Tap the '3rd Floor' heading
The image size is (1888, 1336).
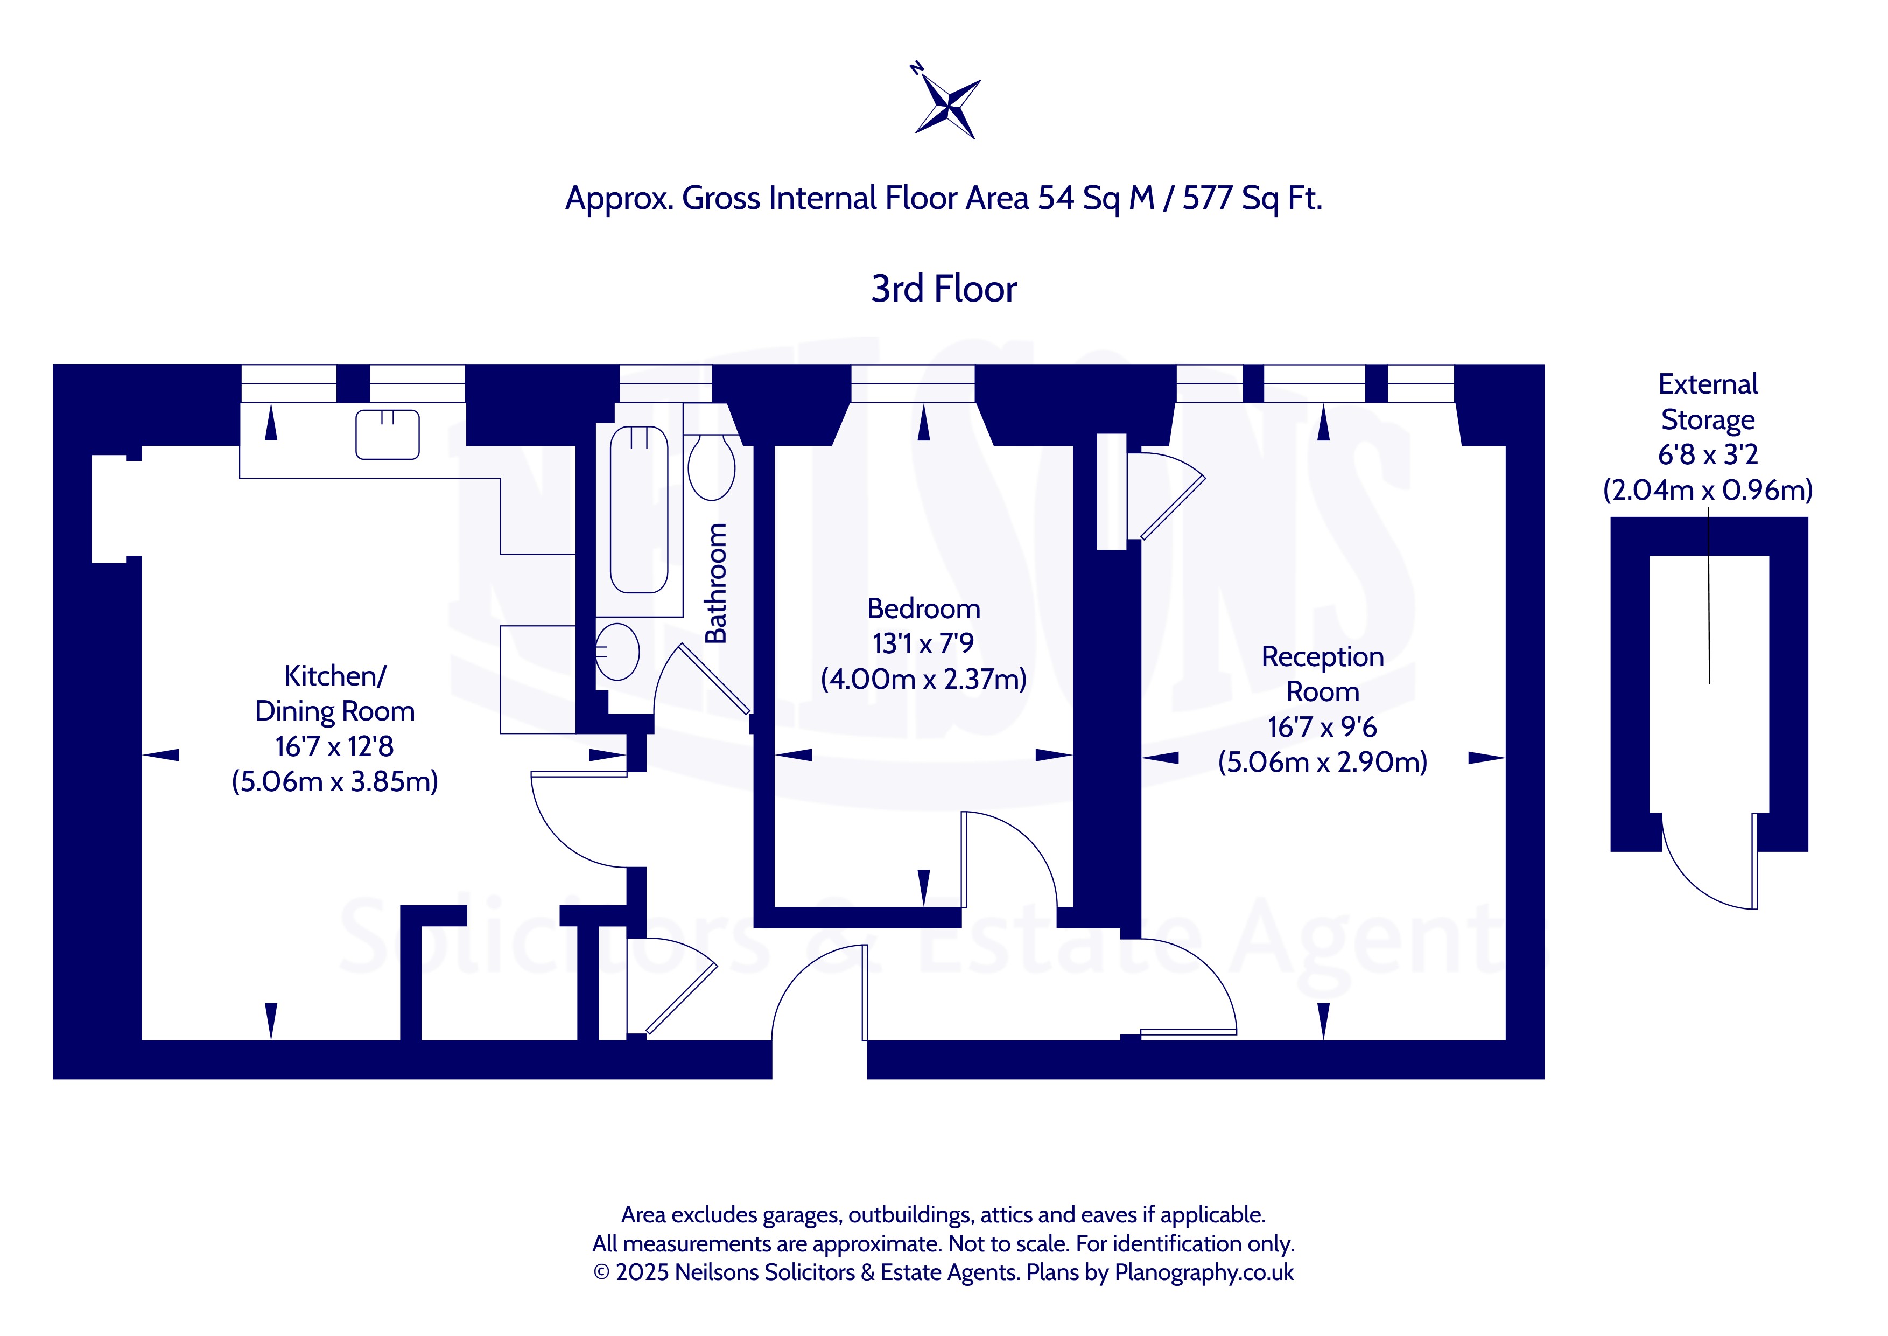pos(944,289)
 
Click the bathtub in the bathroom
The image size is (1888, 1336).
pos(639,509)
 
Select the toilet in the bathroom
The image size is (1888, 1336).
pos(711,467)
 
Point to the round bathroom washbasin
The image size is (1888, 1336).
pos(617,652)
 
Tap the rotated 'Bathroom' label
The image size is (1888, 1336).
pos(716,583)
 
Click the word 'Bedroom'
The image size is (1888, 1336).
pos(923,609)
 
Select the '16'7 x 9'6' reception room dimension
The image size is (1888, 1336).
pos(1322,727)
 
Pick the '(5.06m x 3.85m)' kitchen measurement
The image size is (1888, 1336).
pos(335,781)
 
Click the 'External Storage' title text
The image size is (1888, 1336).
pos(1708,402)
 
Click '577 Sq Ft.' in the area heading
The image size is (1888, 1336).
pos(1252,198)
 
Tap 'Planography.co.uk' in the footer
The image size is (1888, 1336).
pos(1204,1272)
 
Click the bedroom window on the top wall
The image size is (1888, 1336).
pos(913,383)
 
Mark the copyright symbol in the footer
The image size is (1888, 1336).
pos(601,1272)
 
